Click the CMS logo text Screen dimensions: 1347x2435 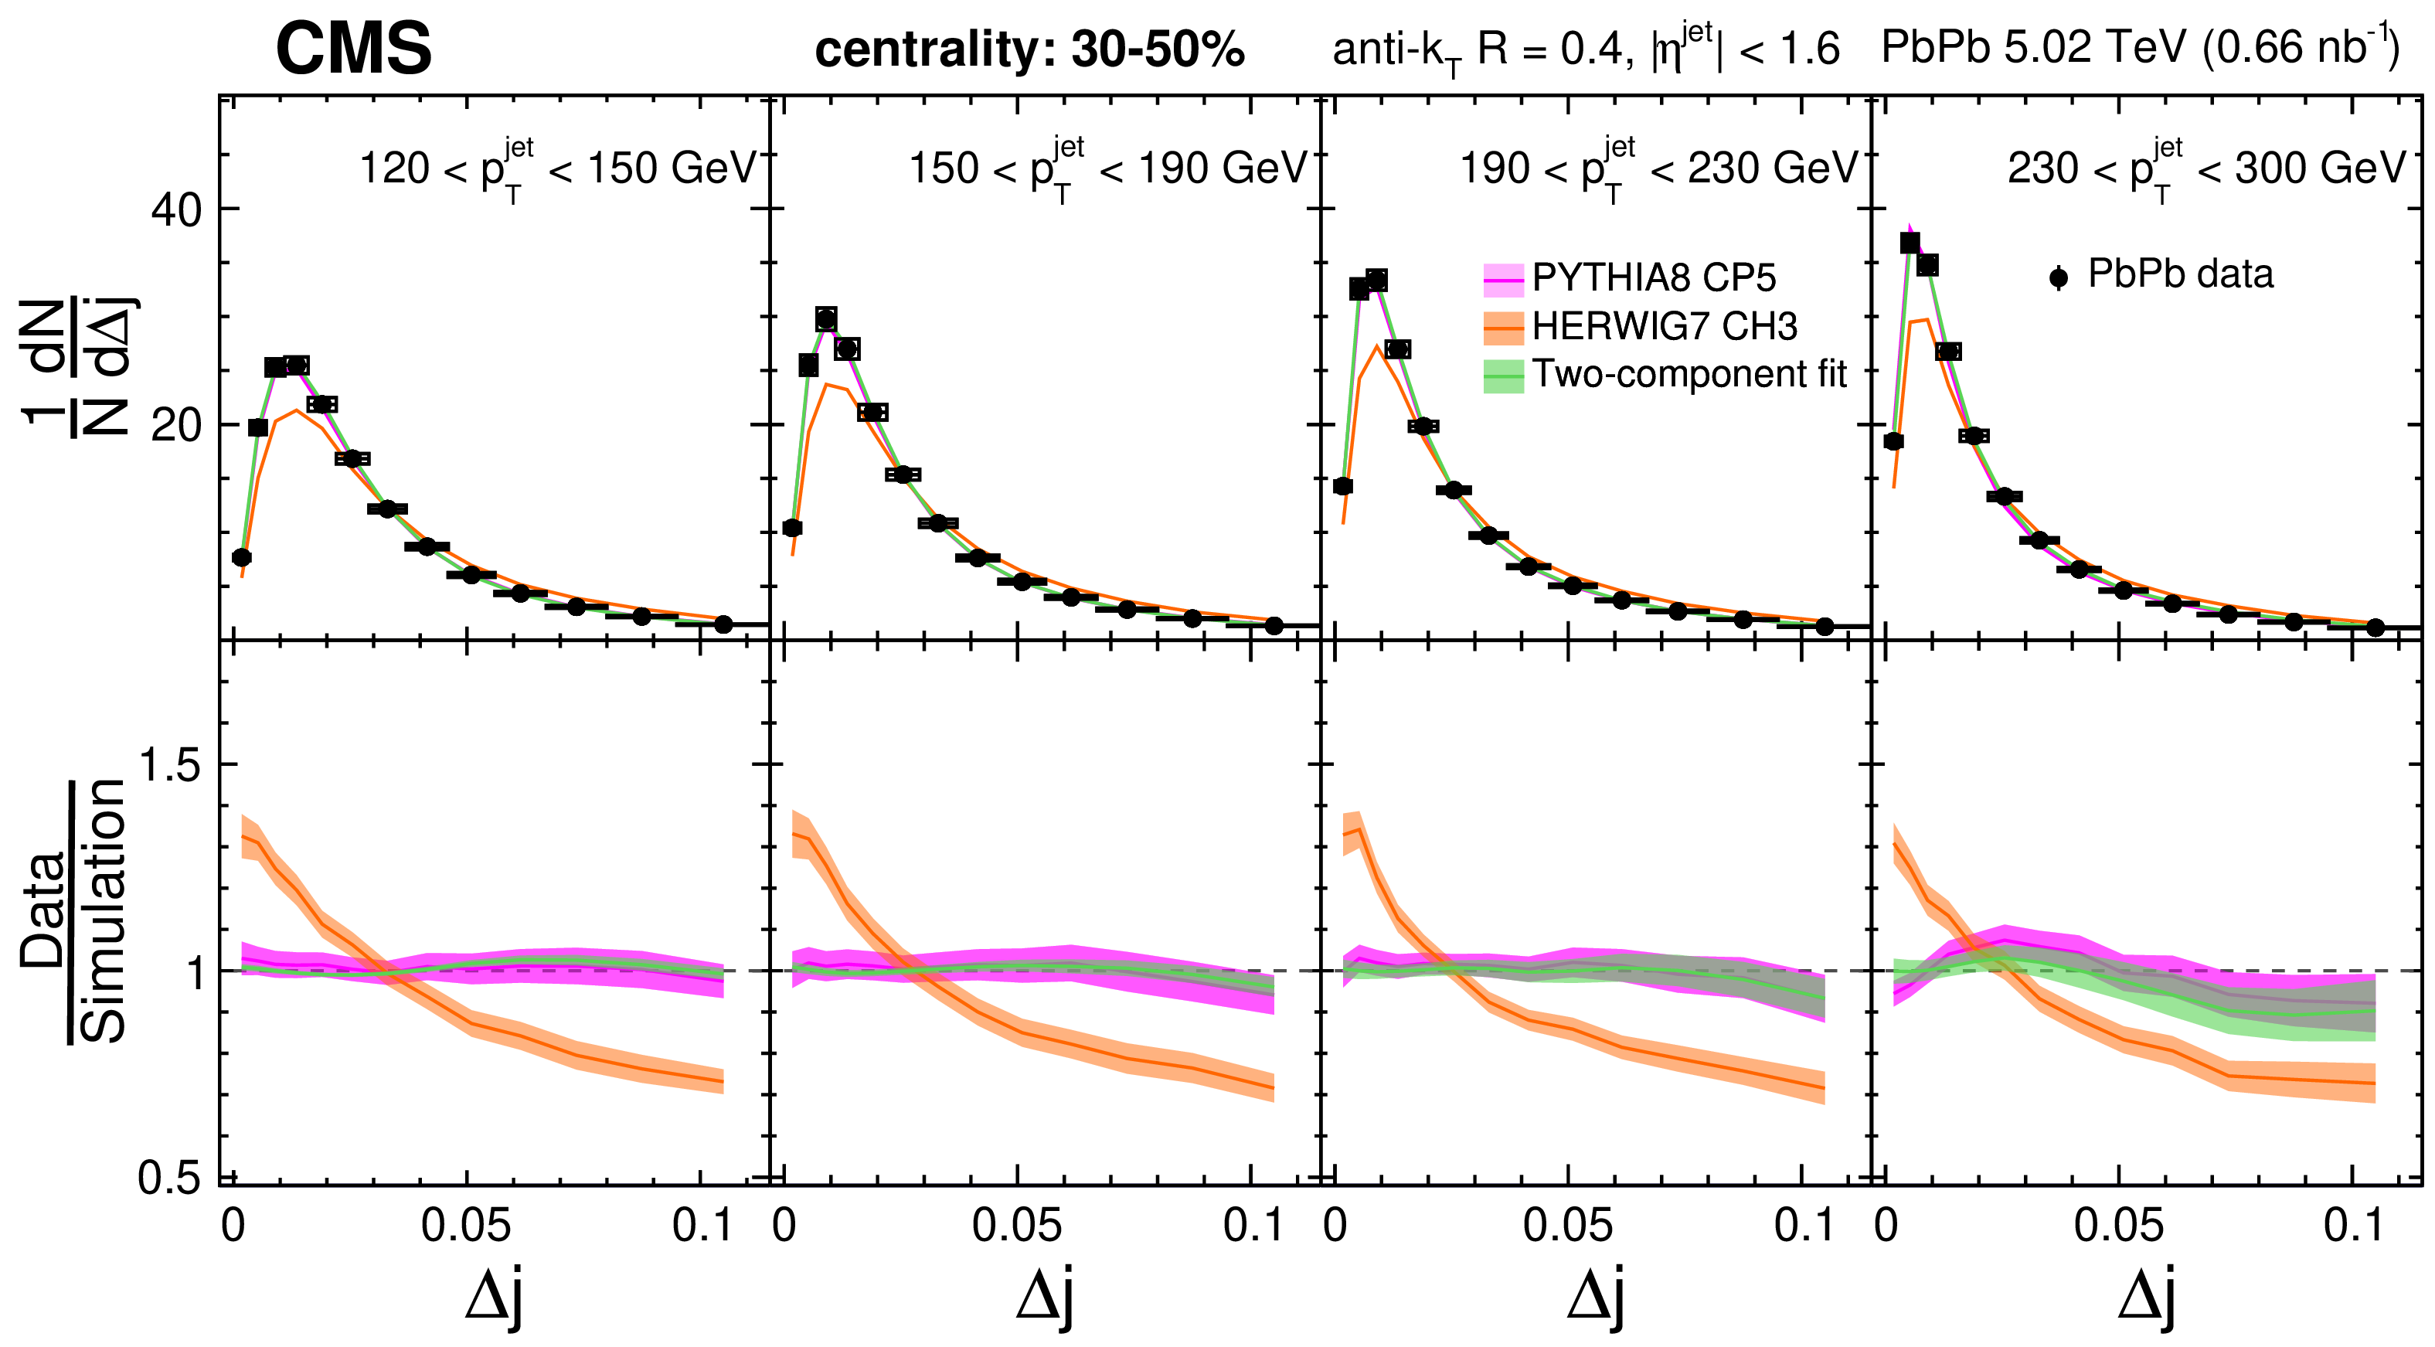353,49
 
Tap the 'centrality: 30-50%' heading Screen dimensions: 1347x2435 1029,49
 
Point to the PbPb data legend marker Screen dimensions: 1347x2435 2058,277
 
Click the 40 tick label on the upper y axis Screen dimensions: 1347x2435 177,210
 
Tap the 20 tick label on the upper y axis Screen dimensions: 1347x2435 177,425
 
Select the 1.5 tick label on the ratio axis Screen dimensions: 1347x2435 170,765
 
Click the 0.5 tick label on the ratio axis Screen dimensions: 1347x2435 170,1178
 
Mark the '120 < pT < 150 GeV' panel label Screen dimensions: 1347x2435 558,170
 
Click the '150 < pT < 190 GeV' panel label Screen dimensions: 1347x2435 1108,170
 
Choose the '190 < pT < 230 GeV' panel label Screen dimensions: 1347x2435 1659,170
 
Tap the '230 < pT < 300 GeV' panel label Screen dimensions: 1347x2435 2207,170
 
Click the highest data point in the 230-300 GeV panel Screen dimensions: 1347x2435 1910,243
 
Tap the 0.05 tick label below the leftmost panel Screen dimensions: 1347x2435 465,1226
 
